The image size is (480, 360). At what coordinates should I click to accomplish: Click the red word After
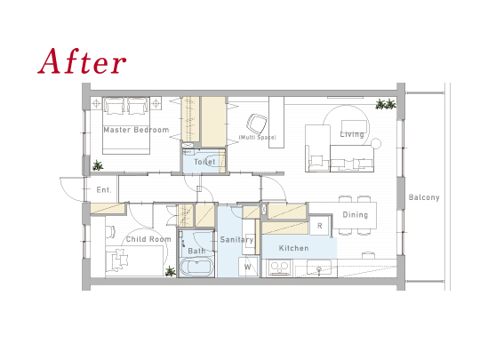(82, 61)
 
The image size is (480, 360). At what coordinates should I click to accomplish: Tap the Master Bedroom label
(136, 130)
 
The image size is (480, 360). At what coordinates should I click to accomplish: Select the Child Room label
(148, 239)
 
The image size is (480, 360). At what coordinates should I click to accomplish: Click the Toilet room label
(204, 162)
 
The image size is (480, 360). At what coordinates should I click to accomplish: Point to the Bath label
(196, 251)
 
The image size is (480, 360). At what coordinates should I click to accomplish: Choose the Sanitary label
(236, 240)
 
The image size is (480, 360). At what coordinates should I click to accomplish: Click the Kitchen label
(293, 248)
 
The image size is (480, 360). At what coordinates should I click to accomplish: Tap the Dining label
(355, 214)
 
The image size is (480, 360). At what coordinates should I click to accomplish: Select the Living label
(352, 134)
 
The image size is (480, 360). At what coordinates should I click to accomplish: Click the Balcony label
(424, 197)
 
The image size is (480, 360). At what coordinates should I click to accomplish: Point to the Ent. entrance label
(104, 190)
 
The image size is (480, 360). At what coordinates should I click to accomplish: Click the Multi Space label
(258, 138)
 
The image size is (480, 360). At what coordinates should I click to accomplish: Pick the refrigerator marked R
(320, 226)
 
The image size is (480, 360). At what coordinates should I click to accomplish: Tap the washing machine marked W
(248, 267)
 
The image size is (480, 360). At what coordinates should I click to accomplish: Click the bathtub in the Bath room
(196, 268)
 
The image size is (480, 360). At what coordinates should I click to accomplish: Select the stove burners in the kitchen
(279, 268)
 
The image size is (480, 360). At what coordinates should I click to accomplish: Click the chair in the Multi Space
(256, 124)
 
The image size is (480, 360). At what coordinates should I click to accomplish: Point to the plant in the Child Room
(170, 271)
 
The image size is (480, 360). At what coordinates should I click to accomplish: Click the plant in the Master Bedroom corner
(98, 165)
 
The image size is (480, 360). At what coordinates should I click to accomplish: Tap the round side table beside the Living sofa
(376, 143)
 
